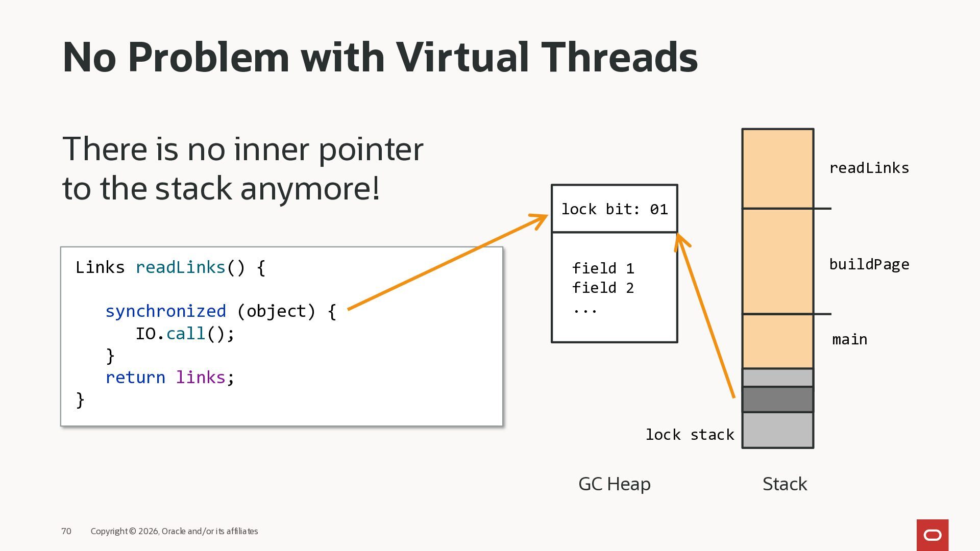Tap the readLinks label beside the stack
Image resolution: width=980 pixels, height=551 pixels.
(x=869, y=168)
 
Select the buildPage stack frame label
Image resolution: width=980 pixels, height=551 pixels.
(x=869, y=264)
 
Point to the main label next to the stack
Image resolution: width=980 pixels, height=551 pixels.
(x=849, y=340)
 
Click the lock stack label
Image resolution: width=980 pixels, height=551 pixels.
(x=689, y=435)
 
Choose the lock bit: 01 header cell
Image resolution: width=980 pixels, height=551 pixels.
(x=615, y=209)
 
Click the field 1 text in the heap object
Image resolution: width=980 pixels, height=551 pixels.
(x=603, y=268)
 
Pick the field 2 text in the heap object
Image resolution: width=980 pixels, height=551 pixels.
(x=603, y=288)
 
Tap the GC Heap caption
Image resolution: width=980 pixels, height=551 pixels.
(x=614, y=484)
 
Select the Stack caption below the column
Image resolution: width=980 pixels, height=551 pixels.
(x=785, y=484)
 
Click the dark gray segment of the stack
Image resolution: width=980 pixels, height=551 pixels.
(x=777, y=399)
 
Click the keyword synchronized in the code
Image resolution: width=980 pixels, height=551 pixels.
(x=165, y=311)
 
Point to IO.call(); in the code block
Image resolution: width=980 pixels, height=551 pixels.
(x=185, y=334)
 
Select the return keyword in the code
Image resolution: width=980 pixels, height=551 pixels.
(x=135, y=378)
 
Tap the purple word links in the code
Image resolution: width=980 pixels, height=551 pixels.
(x=201, y=378)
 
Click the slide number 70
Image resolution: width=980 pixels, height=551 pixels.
(x=66, y=531)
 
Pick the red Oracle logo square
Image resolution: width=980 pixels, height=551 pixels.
(x=932, y=535)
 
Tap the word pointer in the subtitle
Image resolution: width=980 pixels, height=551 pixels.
(x=371, y=150)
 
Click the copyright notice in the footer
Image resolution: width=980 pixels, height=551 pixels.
(x=174, y=531)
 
